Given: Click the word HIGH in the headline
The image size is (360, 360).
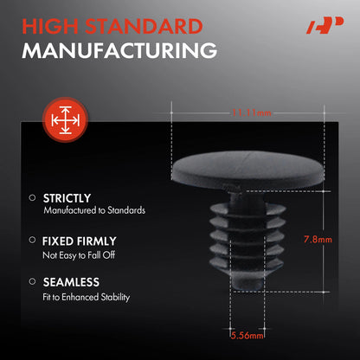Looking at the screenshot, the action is pos(50,27).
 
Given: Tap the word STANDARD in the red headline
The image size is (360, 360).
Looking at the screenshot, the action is pos(144,27).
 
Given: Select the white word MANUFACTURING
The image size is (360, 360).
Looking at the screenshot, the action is pos(119,51).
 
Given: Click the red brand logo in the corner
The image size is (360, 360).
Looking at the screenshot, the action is pos(325,26).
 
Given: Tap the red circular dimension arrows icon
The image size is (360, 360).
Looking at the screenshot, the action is pos(66,119).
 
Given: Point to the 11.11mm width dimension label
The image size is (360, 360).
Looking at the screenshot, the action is pos(252,112).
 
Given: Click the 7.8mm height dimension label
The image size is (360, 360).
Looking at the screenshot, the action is pos(318,239).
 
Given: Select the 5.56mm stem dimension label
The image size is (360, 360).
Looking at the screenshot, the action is pos(247,336).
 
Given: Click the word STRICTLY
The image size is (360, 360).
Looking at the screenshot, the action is pos(67,198).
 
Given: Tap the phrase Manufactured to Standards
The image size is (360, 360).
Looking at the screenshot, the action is pos(94,210).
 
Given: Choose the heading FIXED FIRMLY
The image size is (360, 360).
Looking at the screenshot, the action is pos(80,241).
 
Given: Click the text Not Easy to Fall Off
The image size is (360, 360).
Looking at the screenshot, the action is pos(79,255).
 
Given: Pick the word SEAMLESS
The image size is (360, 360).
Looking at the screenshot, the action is pos(71,282).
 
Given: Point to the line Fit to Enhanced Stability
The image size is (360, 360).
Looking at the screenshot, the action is pos(87,297).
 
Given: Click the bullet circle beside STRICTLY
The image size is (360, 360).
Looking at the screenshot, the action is pos(32,198).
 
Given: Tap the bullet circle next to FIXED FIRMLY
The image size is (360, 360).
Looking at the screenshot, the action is pos(32,240).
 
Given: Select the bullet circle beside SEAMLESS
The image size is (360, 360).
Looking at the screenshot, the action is pos(32,281).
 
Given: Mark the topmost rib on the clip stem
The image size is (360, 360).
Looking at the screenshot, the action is pos(247,209).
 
